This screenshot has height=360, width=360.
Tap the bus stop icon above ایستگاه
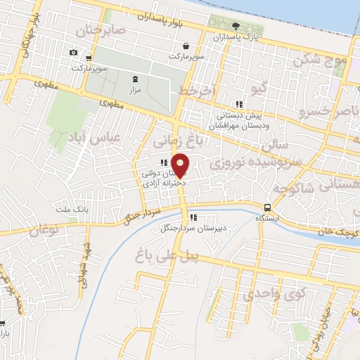point(267,207)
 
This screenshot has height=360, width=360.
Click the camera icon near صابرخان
point(74,53)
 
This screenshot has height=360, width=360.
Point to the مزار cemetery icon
point(135,79)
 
